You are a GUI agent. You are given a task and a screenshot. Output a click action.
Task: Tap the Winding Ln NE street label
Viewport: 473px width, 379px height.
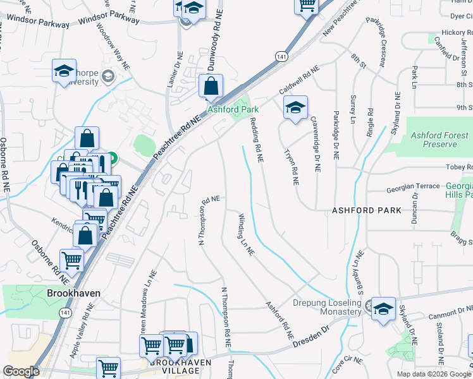coord(246,234)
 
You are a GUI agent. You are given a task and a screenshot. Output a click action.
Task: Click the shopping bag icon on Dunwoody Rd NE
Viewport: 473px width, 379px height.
coord(211,87)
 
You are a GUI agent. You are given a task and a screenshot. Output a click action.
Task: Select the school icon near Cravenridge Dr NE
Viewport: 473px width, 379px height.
coord(295,109)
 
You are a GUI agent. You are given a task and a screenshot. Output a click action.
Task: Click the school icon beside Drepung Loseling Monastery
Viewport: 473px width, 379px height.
coord(383,310)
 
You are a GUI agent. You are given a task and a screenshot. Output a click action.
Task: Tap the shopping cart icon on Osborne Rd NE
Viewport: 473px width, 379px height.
coord(71,260)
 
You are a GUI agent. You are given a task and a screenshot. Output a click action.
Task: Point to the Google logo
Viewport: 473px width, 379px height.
coord(21,372)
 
